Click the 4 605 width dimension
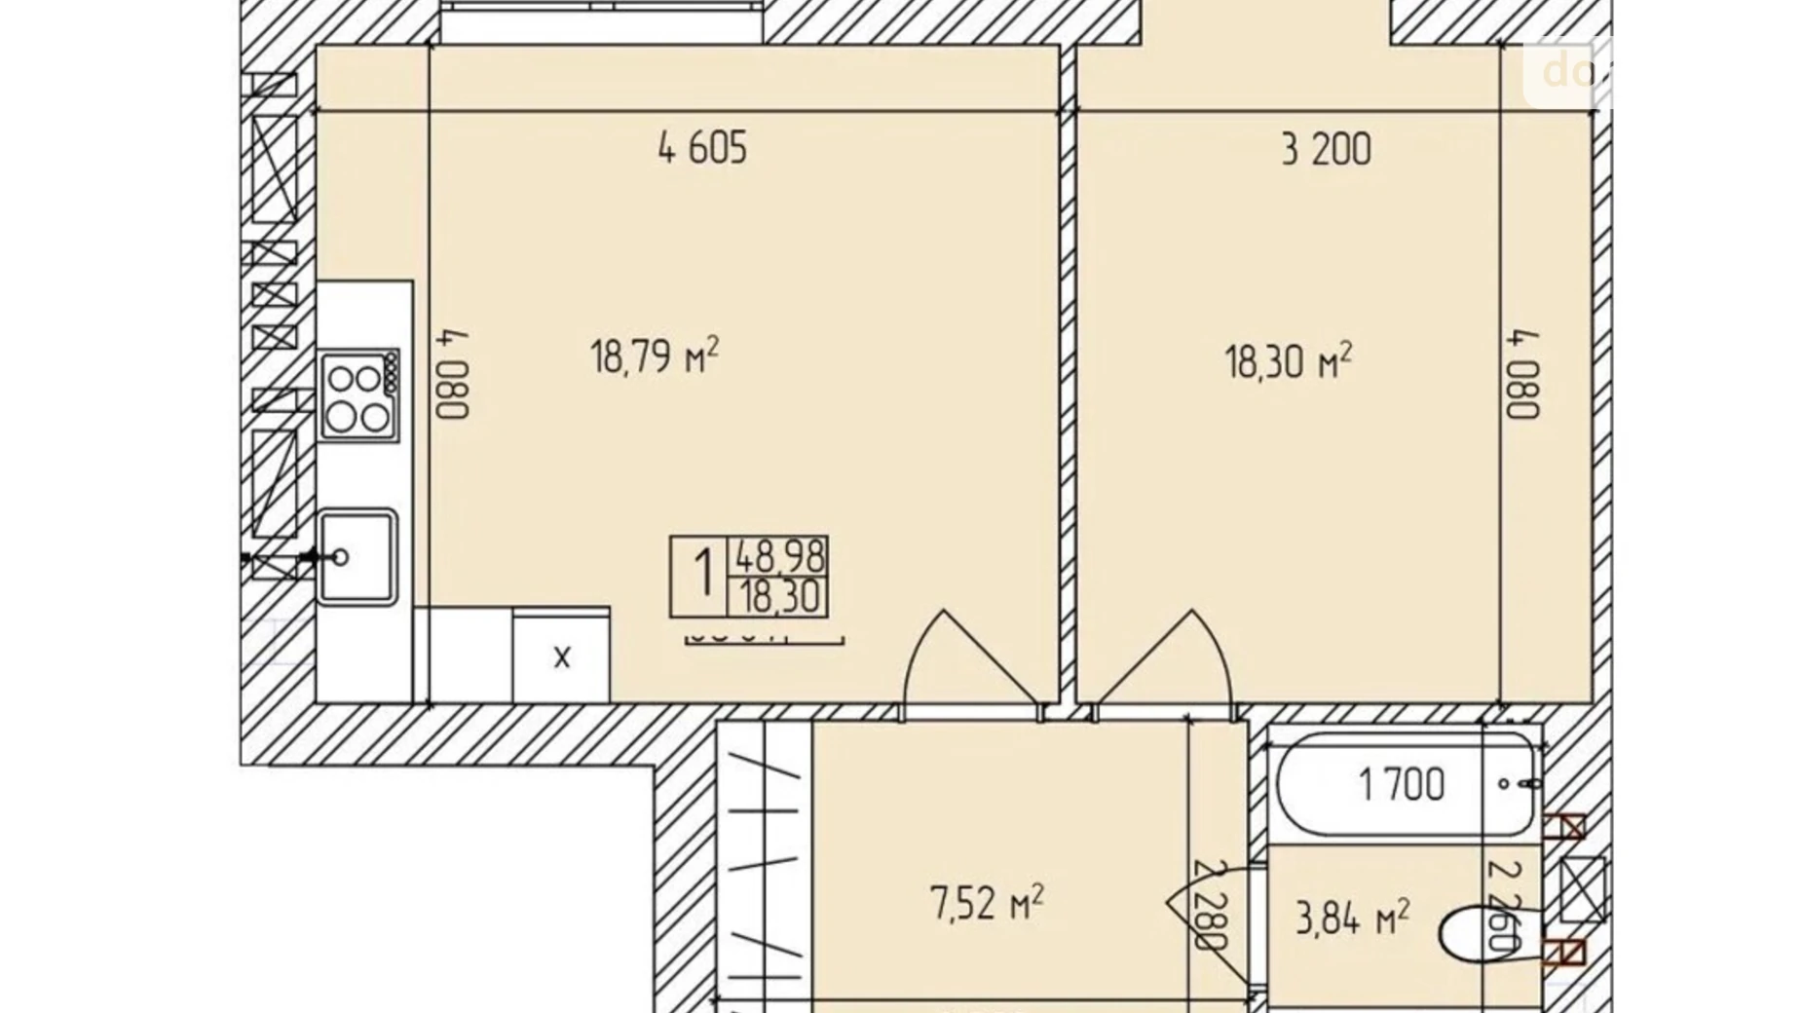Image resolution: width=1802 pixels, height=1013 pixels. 702,149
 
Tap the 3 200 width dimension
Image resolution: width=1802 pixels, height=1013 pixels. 1326,150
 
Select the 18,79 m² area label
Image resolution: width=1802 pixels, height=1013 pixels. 655,356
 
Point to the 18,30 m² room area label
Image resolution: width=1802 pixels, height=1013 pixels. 1288,361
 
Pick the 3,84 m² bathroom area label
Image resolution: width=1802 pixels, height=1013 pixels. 1352,917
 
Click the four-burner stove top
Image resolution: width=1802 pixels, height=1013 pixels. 358,395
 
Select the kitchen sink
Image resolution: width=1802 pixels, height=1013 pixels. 357,556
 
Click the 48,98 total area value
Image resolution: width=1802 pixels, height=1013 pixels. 779,557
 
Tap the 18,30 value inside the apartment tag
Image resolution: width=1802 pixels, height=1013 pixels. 779,597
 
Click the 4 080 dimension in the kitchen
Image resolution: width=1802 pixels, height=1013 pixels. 453,374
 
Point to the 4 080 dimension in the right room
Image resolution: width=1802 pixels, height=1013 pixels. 1522,374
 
